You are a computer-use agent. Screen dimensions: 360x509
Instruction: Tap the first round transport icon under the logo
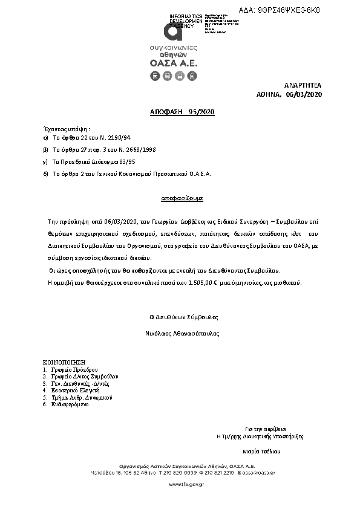[x=154, y=76]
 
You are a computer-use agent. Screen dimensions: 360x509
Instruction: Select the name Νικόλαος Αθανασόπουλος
[x=182, y=333]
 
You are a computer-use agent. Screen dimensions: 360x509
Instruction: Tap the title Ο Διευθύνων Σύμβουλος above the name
[x=183, y=317]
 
